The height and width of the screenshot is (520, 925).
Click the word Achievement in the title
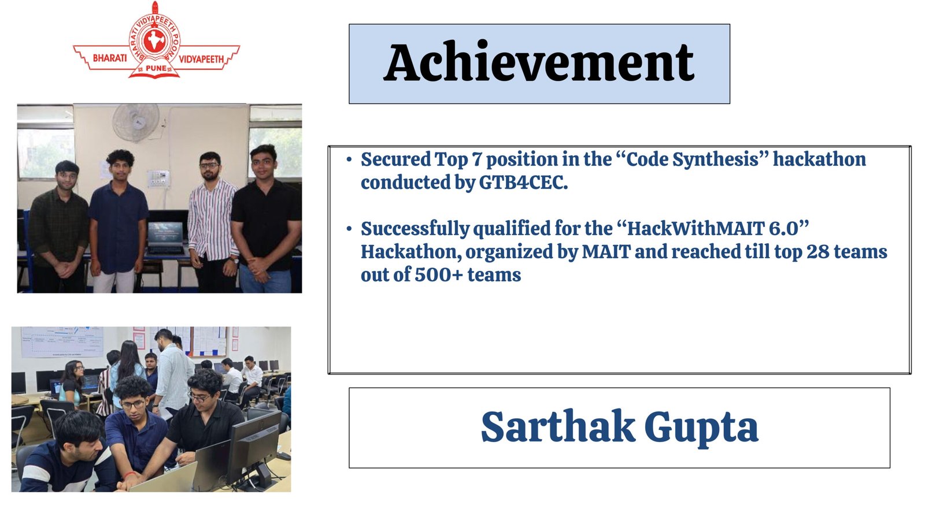tap(539, 63)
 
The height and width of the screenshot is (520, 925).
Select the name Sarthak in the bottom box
tap(558, 426)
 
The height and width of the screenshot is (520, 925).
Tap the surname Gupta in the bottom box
tap(702, 429)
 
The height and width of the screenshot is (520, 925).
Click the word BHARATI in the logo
tap(110, 58)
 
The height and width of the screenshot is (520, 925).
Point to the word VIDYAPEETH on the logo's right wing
tap(201, 60)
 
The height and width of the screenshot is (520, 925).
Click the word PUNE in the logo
tap(156, 68)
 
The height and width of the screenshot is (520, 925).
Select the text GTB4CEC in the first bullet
tap(521, 183)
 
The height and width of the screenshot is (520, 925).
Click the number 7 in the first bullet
tap(477, 159)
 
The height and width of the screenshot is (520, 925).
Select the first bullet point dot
tap(349, 159)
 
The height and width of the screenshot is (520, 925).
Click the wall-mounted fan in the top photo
tap(136, 122)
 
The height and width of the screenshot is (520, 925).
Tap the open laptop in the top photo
tap(165, 238)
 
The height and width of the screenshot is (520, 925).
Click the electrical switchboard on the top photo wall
tap(158, 179)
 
